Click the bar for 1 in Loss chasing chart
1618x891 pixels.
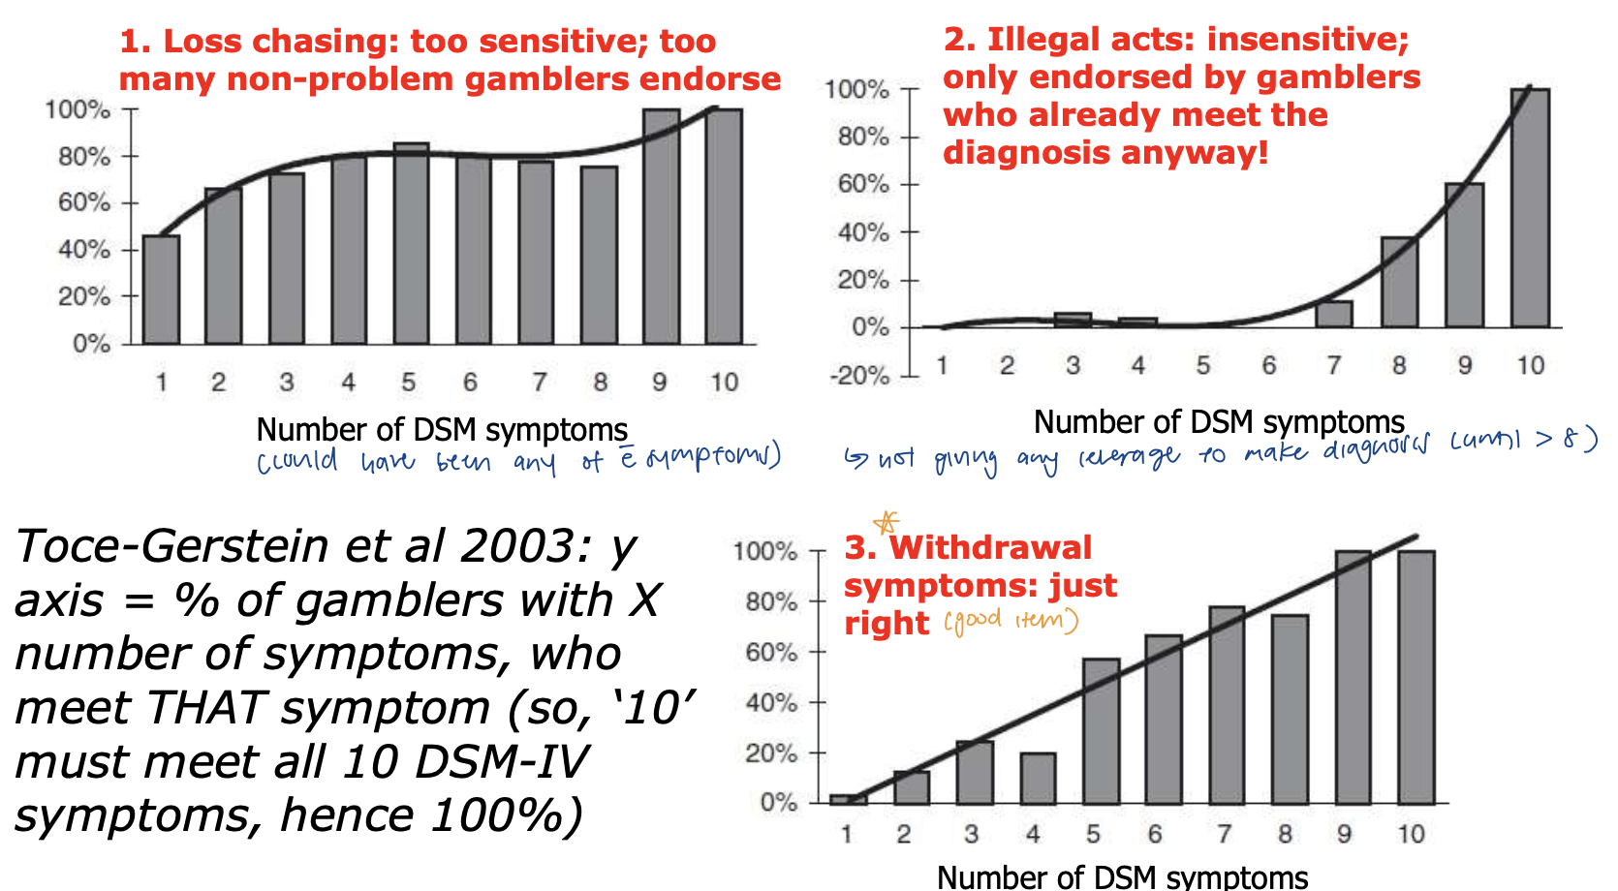(x=161, y=290)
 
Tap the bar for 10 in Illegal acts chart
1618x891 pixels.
(x=1530, y=208)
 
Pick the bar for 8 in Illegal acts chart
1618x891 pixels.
(x=1399, y=282)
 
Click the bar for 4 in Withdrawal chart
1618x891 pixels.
(x=1038, y=779)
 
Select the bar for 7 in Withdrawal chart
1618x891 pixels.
(x=1227, y=706)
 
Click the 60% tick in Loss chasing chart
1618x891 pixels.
(x=85, y=202)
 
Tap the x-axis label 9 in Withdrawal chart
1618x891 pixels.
(x=1344, y=834)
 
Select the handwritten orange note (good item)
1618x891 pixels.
(x=1011, y=621)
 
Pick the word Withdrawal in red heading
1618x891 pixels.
(x=990, y=548)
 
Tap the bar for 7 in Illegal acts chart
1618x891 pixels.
(x=1334, y=314)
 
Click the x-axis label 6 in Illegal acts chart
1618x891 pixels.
(x=1268, y=365)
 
